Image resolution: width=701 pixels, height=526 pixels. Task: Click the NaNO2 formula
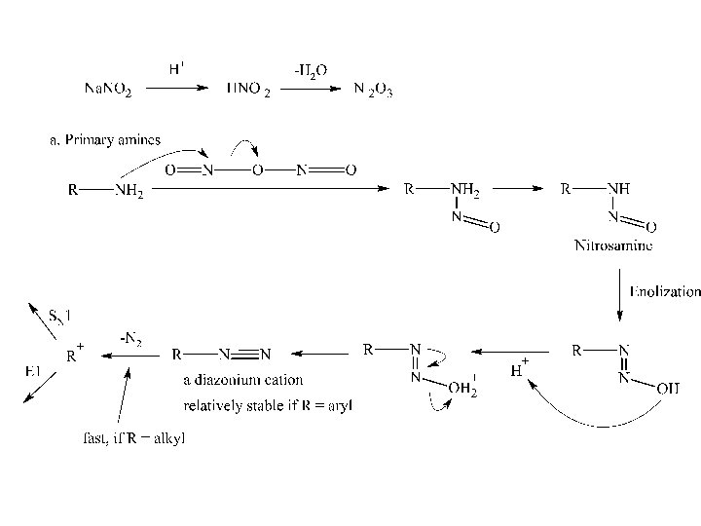(x=108, y=90)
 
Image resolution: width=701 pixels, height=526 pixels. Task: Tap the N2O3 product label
(x=372, y=90)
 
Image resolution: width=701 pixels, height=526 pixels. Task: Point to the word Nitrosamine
(x=613, y=245)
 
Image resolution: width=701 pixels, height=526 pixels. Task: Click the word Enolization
(x=665, y=291)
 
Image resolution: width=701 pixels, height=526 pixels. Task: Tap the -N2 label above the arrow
(x=130, y=339)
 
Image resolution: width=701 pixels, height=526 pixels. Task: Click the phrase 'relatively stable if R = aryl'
(x=269, y=403)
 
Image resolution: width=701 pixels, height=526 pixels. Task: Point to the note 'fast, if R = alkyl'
(x=133, y=438)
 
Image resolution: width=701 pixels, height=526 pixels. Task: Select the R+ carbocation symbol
(x=72, y=355)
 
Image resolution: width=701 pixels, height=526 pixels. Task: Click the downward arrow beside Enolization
(x=620, y=291)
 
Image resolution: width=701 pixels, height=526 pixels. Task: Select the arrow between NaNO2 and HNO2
(x=175, y=88)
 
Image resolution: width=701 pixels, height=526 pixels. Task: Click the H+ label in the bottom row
(x=520, y=368)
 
